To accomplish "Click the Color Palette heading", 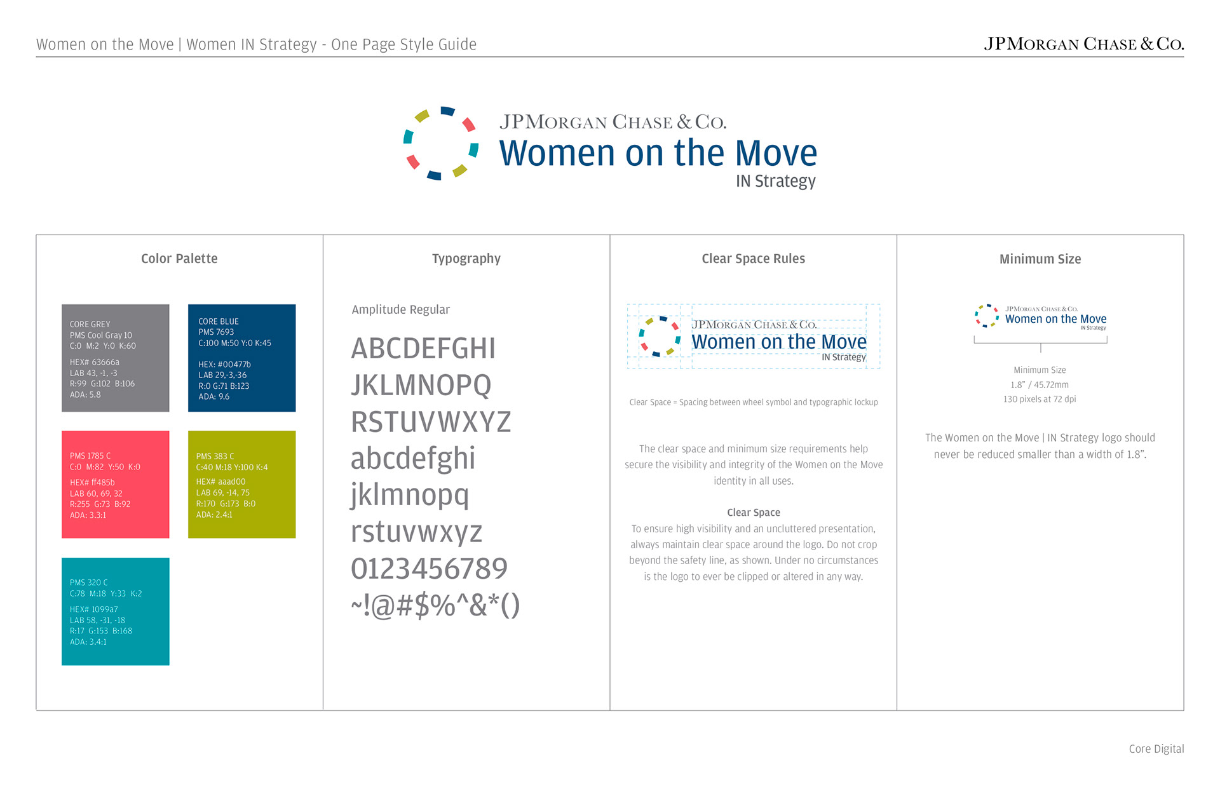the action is point(179,259).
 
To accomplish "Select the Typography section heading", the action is point(466,259).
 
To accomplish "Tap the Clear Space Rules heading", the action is point(753,259).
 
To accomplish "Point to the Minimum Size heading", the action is point(1040,259).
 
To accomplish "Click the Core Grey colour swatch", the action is point(116,358).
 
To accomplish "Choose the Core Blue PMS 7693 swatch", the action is point(242,358).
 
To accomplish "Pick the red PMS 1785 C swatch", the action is point(116,485).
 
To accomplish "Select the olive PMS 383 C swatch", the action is point(242,485).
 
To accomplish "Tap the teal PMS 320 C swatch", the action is point(116,612).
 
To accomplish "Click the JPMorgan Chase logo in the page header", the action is point(1084,44).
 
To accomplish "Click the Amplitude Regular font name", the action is point(401,310).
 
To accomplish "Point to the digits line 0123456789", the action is point(429,569).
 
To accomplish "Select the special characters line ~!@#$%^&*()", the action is point(435,605).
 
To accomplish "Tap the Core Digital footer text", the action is point(1156,749).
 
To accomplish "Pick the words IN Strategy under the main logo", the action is point(776,182).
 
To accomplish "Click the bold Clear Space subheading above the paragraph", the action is point(754,513).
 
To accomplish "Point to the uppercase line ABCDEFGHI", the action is point(423,348).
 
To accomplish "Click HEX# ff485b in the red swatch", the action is point(92,483).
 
